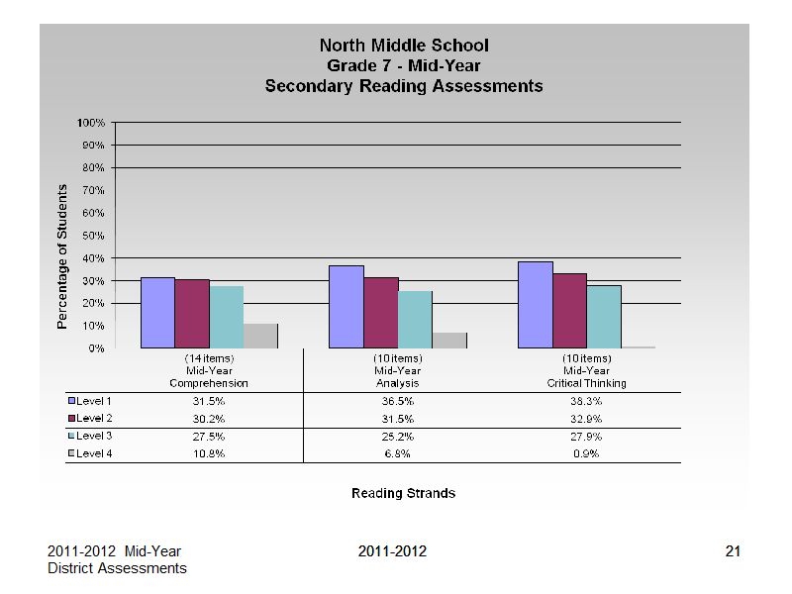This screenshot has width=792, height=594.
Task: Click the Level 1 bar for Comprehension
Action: pyautogui.click(x=157, y=313)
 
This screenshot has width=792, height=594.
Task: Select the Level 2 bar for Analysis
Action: pyautogui.click(x=381, y=313)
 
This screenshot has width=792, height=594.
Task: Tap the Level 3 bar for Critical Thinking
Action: pyautogui.click(x=604, y=317)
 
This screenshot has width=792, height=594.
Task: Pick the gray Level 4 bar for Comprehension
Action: pyautogui.click(x=260, y=336)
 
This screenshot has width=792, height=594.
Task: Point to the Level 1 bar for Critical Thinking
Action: pyautogui.click(x=536, y=305)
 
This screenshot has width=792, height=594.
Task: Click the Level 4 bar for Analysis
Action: pyautogui.click(x=449, y=341)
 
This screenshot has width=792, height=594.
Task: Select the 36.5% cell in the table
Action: pyautogui.click(x=398, y=402)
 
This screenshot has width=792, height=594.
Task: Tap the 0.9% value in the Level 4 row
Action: pyautogui.click(x=586, y=453)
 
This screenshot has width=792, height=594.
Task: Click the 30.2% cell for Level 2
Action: pyautogui.click(x=209, y=419)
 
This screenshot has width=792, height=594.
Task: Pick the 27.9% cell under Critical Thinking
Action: pyautogui.click(x=586, y=437)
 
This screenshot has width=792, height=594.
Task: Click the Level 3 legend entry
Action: pyautogui.click(x=90, y=436)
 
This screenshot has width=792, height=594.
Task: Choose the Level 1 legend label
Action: pyautogui.click(x=94, y=401)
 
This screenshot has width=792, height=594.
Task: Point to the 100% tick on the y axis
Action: pyautogui.click(x=91, y=123)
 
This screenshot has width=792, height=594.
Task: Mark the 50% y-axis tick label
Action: pyautogui.click(x=93, y=236)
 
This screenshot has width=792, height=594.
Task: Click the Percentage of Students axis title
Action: pyautogui.click(x=61, y=256)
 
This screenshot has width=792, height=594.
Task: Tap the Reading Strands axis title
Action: pyautogui.click(x=404, y=493)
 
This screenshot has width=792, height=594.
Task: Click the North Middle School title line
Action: pyautogui.click(x=404, y=46)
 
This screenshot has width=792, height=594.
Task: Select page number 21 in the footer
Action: pyautogui.click(x=733, y=551)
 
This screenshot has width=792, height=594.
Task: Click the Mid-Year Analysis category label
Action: pyautogui.click(x=398, y=377)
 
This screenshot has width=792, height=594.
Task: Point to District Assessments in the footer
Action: pyautogui.click(x=117, y=568)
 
